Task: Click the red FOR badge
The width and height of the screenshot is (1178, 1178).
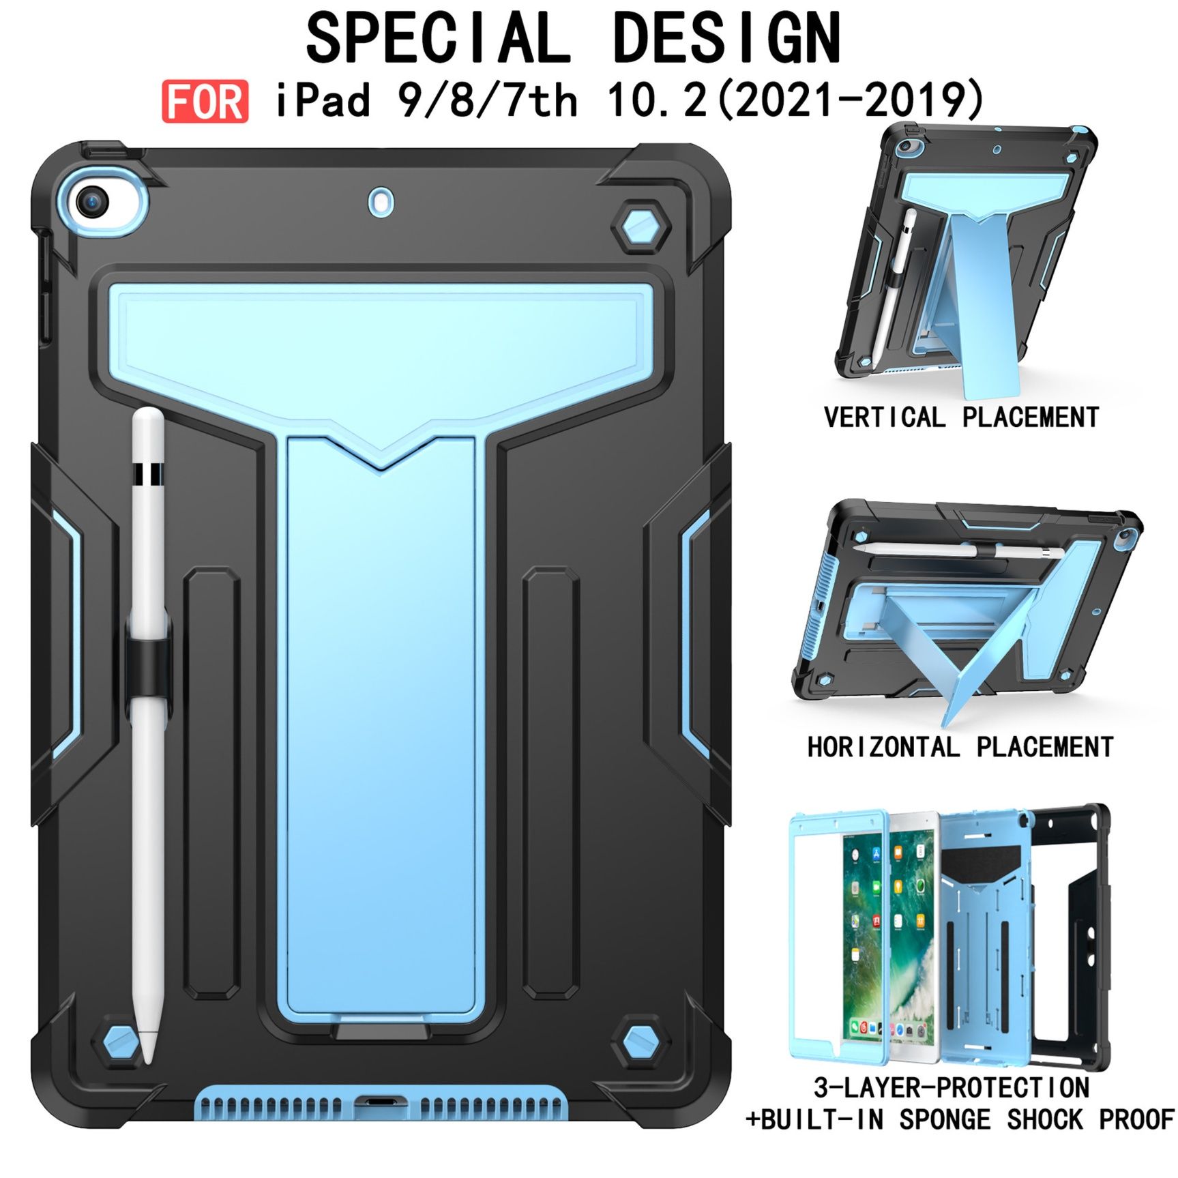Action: click(205, 102)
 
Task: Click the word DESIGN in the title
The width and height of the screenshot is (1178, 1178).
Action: click(727, 39)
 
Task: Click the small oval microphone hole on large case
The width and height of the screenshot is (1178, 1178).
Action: click(381, 202)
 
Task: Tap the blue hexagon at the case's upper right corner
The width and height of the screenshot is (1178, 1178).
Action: click(640, 228)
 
